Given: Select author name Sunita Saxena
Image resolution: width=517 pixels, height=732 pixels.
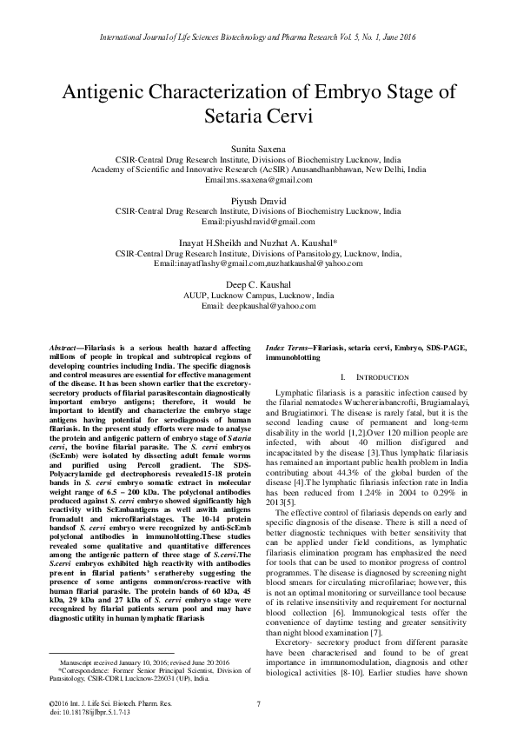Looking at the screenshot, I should [258, 150].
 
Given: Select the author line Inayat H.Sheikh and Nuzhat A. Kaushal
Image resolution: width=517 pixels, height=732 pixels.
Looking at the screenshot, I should [258, 240].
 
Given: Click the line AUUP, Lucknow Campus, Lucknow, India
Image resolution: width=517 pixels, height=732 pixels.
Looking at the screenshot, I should [258, 296].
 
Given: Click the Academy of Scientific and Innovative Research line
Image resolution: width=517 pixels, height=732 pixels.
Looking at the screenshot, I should [258, 170].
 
